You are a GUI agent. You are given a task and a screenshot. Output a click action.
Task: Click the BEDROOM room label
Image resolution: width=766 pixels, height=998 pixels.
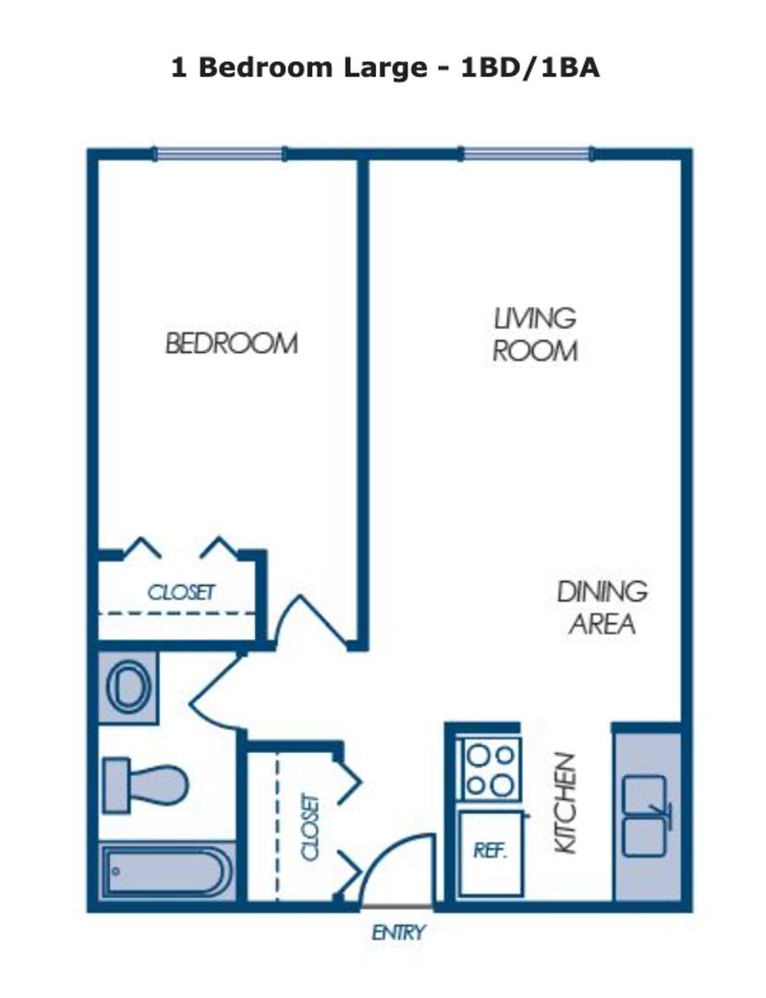232,344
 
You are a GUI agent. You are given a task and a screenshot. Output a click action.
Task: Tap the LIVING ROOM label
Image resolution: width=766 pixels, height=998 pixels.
535,335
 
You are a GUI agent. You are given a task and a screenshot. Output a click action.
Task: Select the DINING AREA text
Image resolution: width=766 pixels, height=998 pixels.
602,608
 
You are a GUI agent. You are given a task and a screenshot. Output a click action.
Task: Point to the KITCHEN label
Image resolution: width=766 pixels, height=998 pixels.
565,803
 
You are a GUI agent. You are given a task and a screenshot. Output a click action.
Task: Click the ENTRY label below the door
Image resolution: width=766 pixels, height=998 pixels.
398,933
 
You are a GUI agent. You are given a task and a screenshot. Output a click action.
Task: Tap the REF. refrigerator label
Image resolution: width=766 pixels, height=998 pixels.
490,850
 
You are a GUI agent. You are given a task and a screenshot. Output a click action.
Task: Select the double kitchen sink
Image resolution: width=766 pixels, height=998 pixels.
645,816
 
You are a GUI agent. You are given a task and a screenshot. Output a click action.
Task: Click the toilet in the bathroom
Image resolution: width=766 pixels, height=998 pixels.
146,785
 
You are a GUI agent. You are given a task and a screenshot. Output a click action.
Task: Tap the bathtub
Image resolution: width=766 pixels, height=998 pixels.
165,870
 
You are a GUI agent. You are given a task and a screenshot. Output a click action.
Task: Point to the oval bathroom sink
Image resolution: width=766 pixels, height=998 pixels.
128,686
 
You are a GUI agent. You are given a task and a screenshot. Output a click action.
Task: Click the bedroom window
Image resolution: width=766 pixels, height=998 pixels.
220,153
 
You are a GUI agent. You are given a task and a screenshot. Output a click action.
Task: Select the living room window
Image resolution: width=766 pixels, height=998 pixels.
527,153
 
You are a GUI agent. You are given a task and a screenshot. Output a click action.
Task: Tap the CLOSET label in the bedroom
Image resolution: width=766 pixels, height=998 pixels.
181,592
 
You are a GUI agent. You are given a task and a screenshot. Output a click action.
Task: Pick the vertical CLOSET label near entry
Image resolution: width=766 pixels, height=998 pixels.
310,826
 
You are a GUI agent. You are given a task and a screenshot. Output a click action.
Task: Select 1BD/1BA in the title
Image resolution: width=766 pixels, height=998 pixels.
530,67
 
